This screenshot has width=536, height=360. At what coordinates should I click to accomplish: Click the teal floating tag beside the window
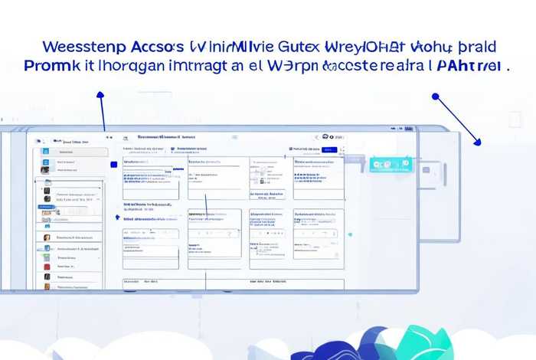point(391,164)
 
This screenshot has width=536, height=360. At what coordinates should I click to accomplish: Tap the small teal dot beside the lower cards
point(350,233)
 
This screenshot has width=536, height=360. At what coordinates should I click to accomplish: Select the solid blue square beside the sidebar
point(114,164)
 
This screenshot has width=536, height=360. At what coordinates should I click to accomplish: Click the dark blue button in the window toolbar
point(328,150)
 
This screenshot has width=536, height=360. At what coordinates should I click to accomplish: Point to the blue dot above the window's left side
point(100,96)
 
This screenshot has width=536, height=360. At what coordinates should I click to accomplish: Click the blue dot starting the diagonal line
point(435,97)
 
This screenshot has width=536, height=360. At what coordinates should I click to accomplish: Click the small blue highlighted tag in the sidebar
point(67,142)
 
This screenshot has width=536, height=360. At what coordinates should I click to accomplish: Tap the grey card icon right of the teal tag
point(426,169)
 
